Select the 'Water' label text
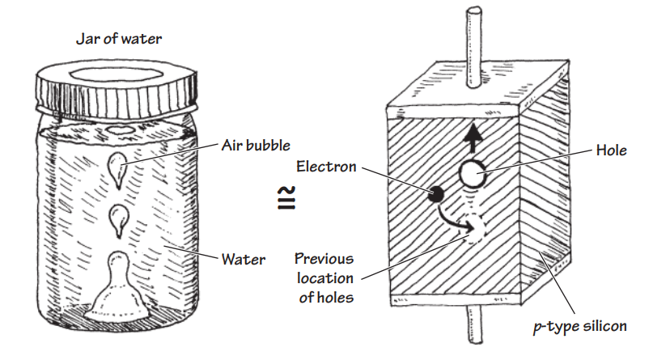pyautogui.click(x=244, y=260)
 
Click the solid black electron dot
pyautogui.click(x=435, y=195)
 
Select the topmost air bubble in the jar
pyautogui.click(x=118, y=165)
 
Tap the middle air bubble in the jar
pyautogui.click(x=119, y=217)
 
